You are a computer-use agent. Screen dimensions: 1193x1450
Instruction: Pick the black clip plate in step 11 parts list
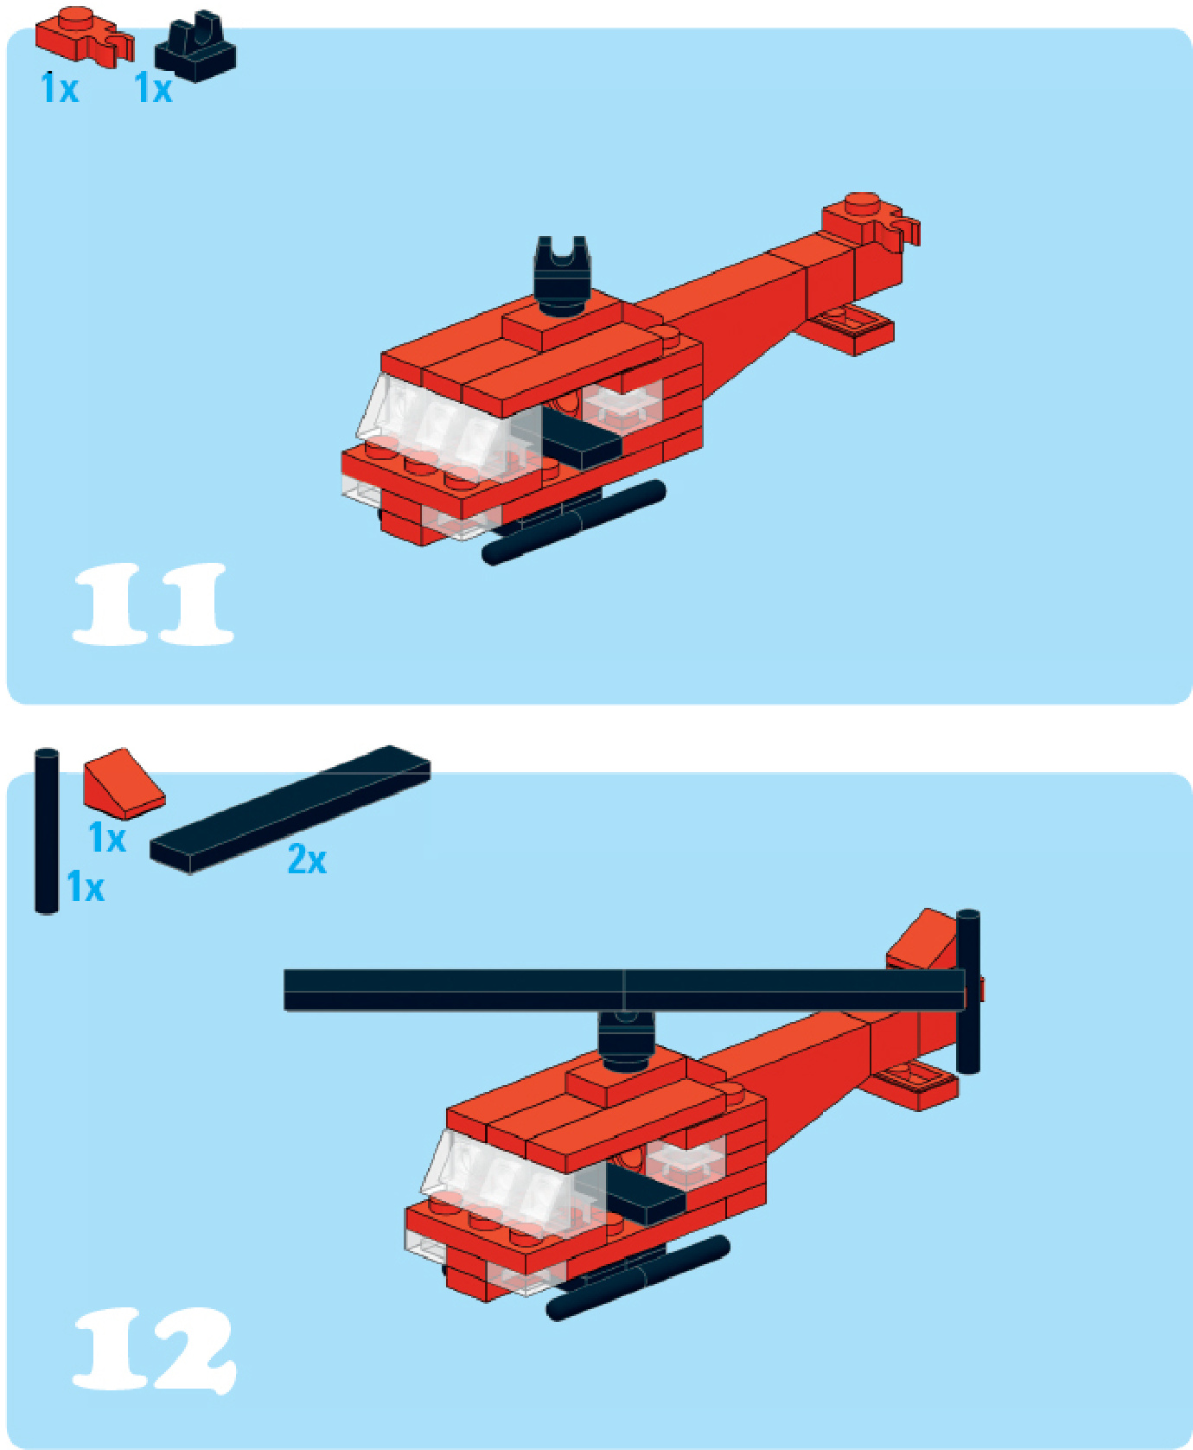pyautogui.click(x=195, y=48)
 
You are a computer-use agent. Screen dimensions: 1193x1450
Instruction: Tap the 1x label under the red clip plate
pyautogui.click(x=60, y=87)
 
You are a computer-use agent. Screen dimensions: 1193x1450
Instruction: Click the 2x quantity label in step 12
pyautogui.click(x=307, y=859)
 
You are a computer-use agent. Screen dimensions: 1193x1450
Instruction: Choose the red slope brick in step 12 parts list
pyautogui.click(x=123, y=783)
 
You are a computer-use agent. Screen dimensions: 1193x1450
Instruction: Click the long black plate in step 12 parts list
pyautogui.click(x=290, y=809)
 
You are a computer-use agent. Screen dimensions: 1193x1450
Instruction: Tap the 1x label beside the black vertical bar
pyautogui.click(x=86, y=887)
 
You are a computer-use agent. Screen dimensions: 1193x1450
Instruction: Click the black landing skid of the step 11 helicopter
pyautogui.click(x=574, y=522)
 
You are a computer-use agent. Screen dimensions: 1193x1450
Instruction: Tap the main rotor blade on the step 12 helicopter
pyautogui.click(x=624, y=990)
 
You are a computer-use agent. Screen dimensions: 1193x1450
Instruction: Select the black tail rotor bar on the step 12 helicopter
pyautogui.click(x=968, y=992)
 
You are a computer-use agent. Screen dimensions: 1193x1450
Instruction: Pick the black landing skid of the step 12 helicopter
pyautogui.click(x=638, y=1278)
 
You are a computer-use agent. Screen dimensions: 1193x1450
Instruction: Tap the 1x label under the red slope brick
pyautogui.click(x=107, y=838)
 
